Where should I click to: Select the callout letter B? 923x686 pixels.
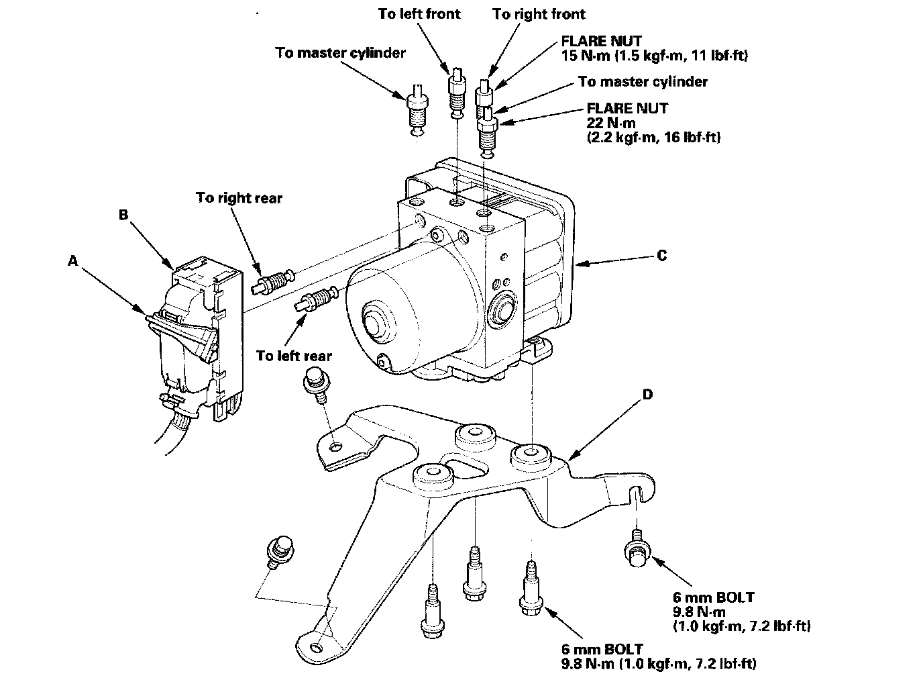[123, 215]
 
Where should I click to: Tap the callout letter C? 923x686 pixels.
[661, 256]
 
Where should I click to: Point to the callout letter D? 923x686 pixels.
[647, 395]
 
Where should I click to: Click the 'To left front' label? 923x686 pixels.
[419, 14]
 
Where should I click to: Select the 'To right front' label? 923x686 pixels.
[539, 14]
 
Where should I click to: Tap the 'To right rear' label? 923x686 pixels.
[239, 198]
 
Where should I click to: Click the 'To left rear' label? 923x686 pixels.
[294, 356]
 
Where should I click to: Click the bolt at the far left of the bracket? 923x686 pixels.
[278, 550]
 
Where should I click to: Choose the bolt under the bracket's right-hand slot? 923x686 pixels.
[638, 549]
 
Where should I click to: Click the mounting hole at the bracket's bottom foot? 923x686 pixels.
[315, 648]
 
